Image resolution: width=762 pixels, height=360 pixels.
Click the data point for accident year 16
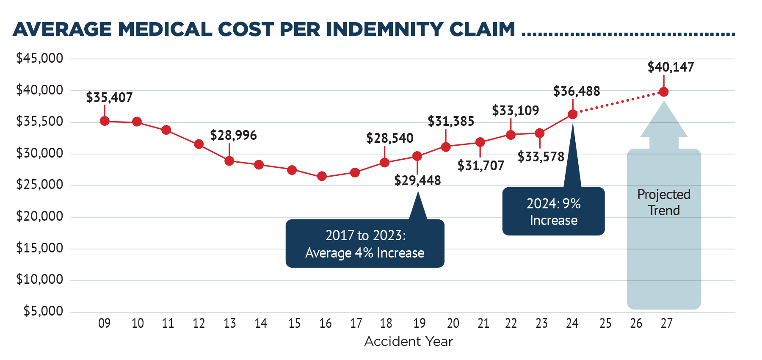(322, 176)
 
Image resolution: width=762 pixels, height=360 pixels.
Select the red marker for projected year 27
(664, 92)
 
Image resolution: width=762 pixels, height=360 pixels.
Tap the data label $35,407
(109, 98)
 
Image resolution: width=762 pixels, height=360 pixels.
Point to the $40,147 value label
(671, 67)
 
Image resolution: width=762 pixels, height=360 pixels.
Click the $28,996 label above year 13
(233, 136)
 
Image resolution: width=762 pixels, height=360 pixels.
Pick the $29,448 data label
(417, 181)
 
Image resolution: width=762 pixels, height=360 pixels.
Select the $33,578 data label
(541, 157)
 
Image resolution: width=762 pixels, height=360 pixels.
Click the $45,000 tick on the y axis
(39, 58)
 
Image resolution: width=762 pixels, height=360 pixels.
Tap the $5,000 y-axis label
(43, 311)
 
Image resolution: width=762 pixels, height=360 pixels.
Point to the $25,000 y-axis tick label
(39, 185)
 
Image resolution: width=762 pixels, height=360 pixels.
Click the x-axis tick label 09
(104, 324)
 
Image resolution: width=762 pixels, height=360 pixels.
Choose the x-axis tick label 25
(605, 324)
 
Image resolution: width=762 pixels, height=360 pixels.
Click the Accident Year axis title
(409, 341)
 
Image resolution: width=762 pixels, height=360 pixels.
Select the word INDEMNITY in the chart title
(384, 29)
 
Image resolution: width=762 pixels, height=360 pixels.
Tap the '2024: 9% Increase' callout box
(553, 212)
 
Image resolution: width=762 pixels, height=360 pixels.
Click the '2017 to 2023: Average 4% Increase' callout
(364, 244)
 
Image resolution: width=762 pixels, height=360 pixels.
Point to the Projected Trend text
(664, 202)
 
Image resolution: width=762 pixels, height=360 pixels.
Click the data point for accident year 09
(105, 121)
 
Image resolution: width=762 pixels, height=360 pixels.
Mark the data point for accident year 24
(572, 114)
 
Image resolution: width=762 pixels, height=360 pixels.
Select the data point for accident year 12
(199, 144)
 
